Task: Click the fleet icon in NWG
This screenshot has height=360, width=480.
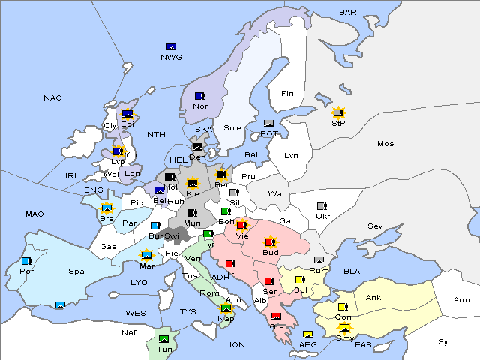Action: [171, 47]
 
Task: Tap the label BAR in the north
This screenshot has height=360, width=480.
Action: [347, 13]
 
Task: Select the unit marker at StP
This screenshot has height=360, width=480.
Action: [338, 112]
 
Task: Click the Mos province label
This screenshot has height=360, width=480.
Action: [385, 143]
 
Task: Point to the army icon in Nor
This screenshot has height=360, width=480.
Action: [199, 96]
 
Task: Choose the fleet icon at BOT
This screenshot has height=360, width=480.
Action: [268, 124]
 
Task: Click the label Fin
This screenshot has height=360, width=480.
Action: [287, 94]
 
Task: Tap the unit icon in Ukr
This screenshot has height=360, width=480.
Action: [322, 206]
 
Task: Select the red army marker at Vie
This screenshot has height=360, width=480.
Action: [241, 224]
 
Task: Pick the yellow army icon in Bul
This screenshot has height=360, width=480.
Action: [300, 280]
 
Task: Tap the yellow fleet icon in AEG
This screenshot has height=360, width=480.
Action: [307, 334]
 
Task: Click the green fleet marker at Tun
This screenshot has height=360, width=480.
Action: [164, 340]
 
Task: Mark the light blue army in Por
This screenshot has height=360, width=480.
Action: [27, 261]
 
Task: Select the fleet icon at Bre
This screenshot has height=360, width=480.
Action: [107, 208]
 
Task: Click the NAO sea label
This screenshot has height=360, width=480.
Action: [52, 98]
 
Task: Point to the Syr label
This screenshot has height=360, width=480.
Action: [445, 341]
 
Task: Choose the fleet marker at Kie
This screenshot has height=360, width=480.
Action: [193, 183]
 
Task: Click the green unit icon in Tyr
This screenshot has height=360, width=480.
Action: [208, 234]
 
